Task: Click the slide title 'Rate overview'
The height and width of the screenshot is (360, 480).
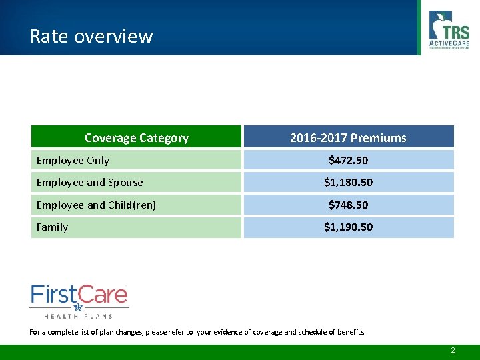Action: point(91,36)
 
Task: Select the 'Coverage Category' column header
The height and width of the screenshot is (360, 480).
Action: point(136,138)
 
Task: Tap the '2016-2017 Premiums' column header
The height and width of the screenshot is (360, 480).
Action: point(348,138)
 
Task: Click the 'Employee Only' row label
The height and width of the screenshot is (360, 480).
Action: point(73,160)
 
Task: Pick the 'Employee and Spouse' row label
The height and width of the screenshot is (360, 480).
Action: point(89,182)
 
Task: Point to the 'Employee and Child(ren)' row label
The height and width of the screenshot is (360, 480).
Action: point(96,205)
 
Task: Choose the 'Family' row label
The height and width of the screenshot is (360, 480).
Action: point(52,227)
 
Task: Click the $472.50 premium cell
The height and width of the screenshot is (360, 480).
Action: point(348,160)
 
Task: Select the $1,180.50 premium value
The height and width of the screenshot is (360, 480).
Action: point(348,182)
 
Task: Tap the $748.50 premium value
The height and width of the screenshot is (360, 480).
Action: point(348,205)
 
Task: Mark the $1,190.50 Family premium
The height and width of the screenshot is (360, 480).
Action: point(348,227)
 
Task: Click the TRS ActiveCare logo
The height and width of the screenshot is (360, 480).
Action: point(449,30)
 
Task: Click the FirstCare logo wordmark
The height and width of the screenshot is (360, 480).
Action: point(79,295)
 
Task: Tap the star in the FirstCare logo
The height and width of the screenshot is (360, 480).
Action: point(78,307)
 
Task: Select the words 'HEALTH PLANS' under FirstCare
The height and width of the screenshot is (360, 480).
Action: point(78,315)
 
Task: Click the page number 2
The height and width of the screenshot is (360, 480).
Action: point(453,350)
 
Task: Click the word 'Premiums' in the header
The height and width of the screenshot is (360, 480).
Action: point(379,138)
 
